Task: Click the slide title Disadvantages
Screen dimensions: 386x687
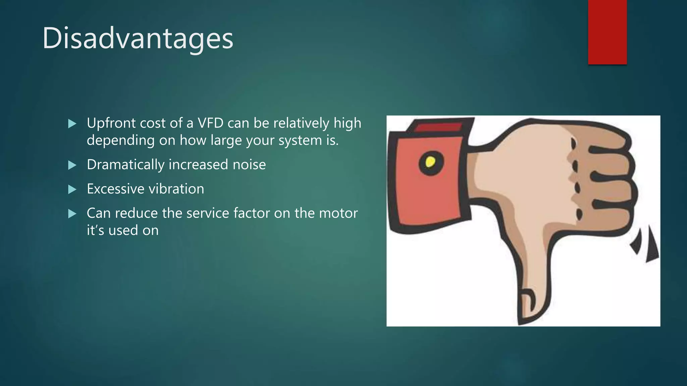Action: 138,39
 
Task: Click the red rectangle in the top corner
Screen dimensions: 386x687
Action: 607,32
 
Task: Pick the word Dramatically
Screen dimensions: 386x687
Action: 125,165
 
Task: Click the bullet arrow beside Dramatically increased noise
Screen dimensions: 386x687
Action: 72,165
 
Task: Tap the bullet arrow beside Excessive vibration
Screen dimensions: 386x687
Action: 72,189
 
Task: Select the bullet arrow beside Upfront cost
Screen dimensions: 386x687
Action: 72,124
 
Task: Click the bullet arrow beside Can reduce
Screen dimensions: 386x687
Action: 72,213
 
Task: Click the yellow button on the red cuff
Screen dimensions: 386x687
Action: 430,163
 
